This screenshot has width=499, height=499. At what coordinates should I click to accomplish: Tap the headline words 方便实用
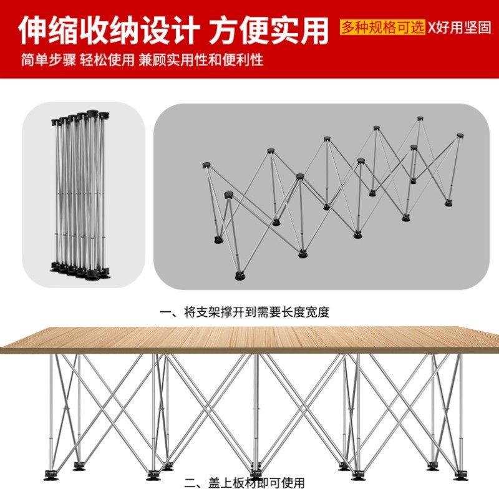(269, 30)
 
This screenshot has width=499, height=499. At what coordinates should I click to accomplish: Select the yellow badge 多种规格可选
(382, 27)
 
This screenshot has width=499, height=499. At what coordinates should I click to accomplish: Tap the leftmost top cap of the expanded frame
(206, 165)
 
